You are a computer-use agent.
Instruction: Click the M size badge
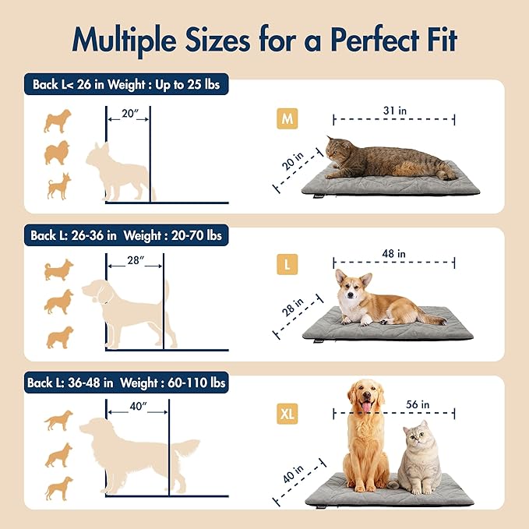click(x=287, y=118)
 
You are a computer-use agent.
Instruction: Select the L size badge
click(x=287, y=264)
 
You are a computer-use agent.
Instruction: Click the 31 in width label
click(x=394, y=111)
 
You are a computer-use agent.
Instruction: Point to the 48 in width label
click(x=394, y=254)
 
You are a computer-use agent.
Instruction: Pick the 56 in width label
click(x=418, y=404)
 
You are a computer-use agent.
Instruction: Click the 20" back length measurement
click(x=129, y=115)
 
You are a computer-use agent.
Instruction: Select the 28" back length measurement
click(x=134, y=259)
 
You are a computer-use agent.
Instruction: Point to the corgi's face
click(x=353, y=287)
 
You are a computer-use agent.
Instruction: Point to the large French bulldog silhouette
click(x=121, y=171)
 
